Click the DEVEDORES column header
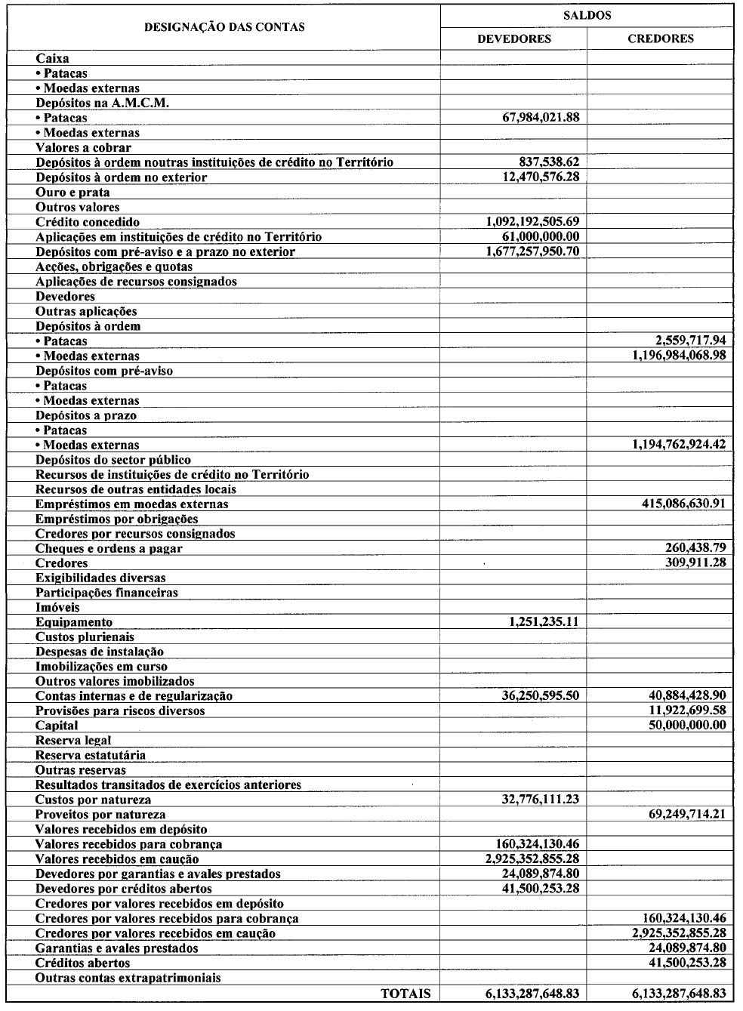[513, 39]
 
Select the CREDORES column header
[660, 39]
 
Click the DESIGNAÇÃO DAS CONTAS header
[224, 26]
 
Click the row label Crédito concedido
[88, 222]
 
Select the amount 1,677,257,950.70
[533, 251]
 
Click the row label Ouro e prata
[72, 193]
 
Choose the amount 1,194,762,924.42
[679, 445]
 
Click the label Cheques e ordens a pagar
[109, 549]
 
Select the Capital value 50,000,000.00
[687, 726]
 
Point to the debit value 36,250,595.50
[540, 696]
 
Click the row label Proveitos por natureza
[100, 815]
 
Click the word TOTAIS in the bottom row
[406, 994]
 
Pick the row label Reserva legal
[73, 741]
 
